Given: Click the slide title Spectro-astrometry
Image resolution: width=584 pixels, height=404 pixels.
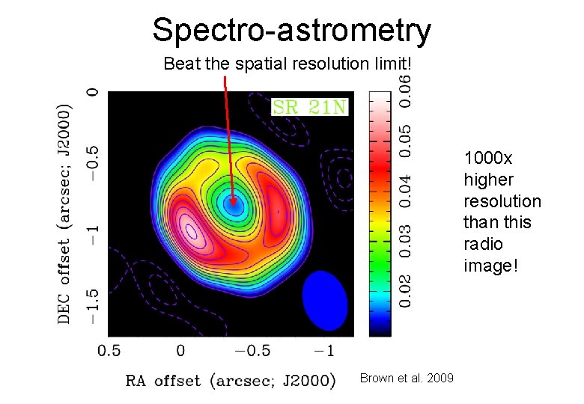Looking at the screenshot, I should [x=291, y=30].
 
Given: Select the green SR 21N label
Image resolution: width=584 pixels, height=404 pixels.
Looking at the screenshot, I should [x=310, y=107].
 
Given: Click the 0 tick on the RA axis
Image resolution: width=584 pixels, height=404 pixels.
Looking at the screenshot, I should [x=180, y=350].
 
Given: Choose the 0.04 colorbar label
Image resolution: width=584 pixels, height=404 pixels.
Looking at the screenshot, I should [x=404, y=190].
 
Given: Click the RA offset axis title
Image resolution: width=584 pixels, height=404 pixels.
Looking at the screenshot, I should [x=229, y=380].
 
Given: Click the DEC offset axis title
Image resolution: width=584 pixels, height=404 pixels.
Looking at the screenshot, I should [x=66, y=212].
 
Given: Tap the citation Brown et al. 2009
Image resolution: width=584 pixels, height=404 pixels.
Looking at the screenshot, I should [x=407, y=379].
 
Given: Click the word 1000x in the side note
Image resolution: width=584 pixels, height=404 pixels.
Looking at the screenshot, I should [x=487, y=159].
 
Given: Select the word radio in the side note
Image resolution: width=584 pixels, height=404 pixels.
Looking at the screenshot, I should [x=483, y=244].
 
